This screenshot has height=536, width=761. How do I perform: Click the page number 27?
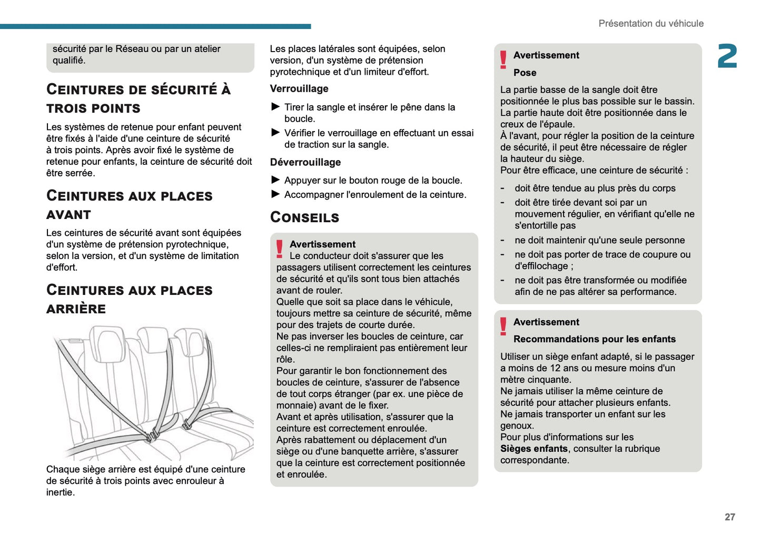point(729,517)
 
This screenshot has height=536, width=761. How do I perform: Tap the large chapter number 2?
point(727,56)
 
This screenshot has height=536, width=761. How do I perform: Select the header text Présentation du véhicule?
point(651,24)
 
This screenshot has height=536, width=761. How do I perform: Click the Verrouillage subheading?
point(299,89)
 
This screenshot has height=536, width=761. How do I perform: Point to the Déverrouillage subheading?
point(305,163)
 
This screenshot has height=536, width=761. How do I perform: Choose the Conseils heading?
point(304,217)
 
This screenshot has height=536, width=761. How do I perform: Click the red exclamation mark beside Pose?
point(503,59)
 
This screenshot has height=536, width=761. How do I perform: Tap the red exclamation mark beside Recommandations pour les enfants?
point(503,326)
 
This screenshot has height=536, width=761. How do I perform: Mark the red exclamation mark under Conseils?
point(280,249)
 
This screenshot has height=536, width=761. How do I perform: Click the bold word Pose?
point(525,73)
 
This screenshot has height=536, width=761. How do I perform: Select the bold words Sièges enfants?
point(534,449)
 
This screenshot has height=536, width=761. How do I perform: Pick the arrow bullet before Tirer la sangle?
point(275,107)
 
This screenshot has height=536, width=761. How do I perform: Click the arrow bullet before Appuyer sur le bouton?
point(275,180)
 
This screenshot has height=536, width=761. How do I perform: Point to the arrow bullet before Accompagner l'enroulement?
point(275,194)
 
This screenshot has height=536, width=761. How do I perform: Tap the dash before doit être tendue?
point(503,188)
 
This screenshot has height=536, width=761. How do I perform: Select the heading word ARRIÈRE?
point(76,309)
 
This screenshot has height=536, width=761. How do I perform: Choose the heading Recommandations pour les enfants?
point(595,339)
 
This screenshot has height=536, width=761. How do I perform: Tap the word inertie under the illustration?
point(60,492)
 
